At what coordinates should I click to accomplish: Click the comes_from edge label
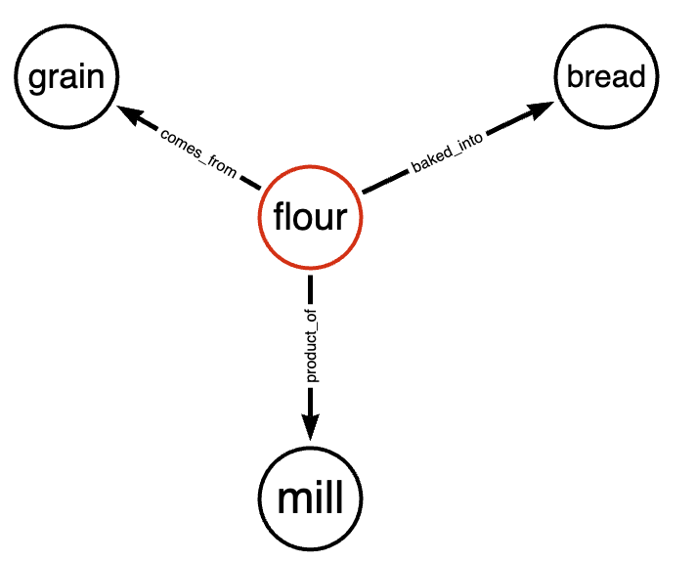tap(198, 153)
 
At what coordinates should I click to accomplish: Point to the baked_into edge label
tap(447, 152)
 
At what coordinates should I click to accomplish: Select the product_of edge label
tap(312, 346)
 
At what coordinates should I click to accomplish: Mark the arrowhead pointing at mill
tap(310, 427)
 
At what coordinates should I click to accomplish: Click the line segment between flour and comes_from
tap(250, 183)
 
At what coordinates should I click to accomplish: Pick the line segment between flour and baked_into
tap(385, 182)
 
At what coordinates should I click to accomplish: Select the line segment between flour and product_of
tap(310, 290)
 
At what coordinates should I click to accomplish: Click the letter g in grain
tap(39, 80)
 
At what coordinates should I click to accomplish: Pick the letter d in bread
tap(635, 76)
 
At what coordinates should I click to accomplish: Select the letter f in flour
tap(280, 216)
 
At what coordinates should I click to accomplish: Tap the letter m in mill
tap(293, 500)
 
